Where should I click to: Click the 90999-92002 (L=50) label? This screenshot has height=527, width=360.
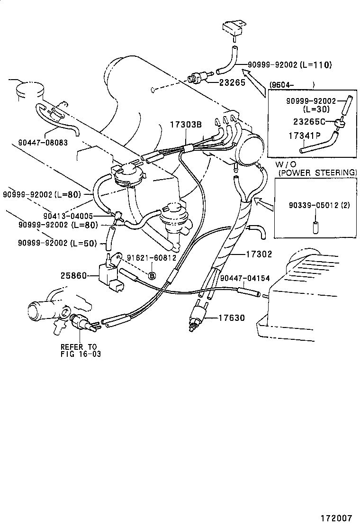57,243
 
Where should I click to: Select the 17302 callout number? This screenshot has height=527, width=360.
259,254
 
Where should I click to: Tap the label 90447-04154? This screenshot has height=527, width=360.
245,278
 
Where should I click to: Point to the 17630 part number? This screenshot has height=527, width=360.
231,318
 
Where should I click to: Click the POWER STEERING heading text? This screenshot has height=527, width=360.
317,173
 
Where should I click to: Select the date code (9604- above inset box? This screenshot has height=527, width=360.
282,85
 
